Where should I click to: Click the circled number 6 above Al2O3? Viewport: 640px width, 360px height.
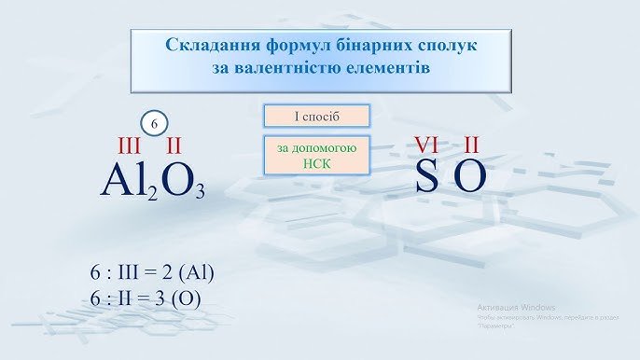156,122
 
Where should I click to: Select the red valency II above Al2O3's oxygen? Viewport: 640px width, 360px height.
174,146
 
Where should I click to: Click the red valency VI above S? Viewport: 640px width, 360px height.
427,144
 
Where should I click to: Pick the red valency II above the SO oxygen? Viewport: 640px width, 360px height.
472,144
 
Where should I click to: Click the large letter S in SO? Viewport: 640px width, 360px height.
426,177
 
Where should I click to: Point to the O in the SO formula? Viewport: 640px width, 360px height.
470,177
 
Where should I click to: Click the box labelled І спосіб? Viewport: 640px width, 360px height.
317,116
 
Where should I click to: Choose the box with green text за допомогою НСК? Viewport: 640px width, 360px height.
317,156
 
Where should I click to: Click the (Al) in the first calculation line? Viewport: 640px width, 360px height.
197,273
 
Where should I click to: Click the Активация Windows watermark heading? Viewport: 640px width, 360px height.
516,307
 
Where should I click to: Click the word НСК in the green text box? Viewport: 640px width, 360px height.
317,163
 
